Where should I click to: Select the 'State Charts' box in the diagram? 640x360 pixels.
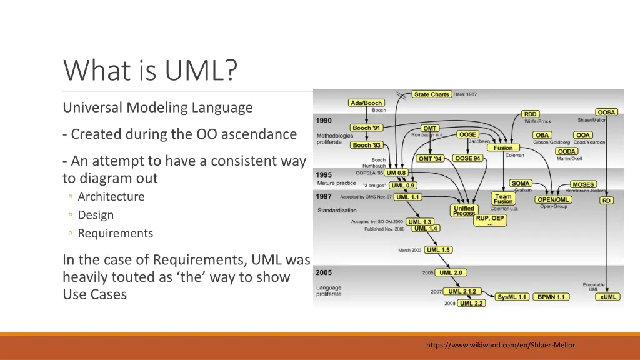tap(431, 94)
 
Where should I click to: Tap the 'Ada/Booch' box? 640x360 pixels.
tap(366, 103)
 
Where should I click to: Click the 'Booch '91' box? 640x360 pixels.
tap(366, 128)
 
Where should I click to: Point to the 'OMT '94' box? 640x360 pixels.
tap(430, 159)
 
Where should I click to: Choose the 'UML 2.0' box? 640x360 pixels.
tap(451, 272)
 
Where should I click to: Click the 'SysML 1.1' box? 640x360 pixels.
tap(512, 297)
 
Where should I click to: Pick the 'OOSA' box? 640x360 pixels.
tap(606, 112)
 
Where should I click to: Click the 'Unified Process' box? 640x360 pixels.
tap(464, 211)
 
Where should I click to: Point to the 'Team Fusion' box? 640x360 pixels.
tap(502, 199)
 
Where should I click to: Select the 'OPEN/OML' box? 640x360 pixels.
tap(553, 200)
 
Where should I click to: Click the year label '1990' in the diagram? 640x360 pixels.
tap(324, 120)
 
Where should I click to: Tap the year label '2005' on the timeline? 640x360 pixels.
tap(324, 272)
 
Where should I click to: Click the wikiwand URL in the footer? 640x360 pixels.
tap(500, 345)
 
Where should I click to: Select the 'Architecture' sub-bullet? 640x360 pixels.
tap(111, 196)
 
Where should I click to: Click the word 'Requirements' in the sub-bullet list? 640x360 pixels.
tap(115, 233)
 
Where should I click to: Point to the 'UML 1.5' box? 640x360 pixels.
tap(438, 250)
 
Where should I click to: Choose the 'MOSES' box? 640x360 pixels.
tap(582, 185)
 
